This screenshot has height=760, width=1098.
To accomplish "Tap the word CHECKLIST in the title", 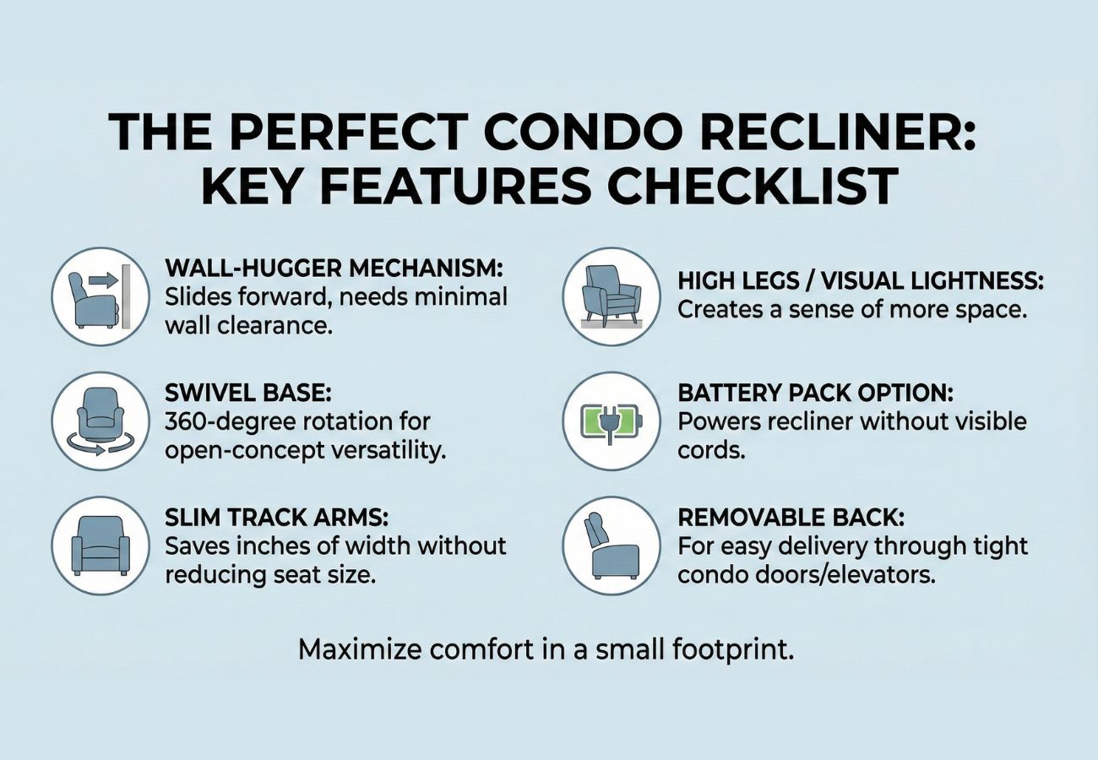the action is pos(753,187).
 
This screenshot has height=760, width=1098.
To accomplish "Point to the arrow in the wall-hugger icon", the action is pos(104,280).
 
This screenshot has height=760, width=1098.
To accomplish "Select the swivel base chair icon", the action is pos(101,421).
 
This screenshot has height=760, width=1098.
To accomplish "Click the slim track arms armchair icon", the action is pos(101,546).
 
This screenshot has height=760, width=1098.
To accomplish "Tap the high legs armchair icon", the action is pos(612,297).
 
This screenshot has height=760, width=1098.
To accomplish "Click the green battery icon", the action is pos(612,422).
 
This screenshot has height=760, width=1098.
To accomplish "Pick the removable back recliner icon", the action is pos(611,546).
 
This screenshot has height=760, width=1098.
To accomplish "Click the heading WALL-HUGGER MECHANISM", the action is pos(334,268).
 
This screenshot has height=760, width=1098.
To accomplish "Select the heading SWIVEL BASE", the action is pos(248,393).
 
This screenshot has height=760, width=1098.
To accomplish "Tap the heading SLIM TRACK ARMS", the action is pos(277,518).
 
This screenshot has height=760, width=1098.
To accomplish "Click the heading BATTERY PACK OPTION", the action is pos(816,393).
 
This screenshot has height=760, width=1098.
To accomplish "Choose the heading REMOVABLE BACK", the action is pos(791,518).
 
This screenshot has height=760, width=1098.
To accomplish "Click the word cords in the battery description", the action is pos(711,450).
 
